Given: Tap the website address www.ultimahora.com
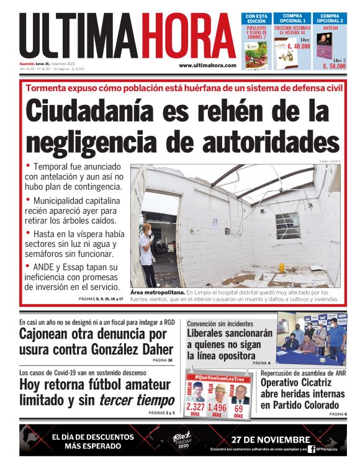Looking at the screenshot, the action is coord(207,65).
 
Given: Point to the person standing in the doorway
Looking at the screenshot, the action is coord(146,252).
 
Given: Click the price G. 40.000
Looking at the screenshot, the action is coord(298,47).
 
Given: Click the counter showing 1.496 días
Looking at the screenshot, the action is coord(217,408).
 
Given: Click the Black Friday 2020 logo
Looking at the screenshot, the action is coord(182,441).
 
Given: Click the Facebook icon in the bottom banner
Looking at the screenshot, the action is coord(311,449).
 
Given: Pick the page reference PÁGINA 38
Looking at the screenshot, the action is coord(161,360).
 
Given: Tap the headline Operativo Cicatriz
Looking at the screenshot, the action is coord(296,383).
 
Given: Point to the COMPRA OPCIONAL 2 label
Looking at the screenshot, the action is coord(329,18).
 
